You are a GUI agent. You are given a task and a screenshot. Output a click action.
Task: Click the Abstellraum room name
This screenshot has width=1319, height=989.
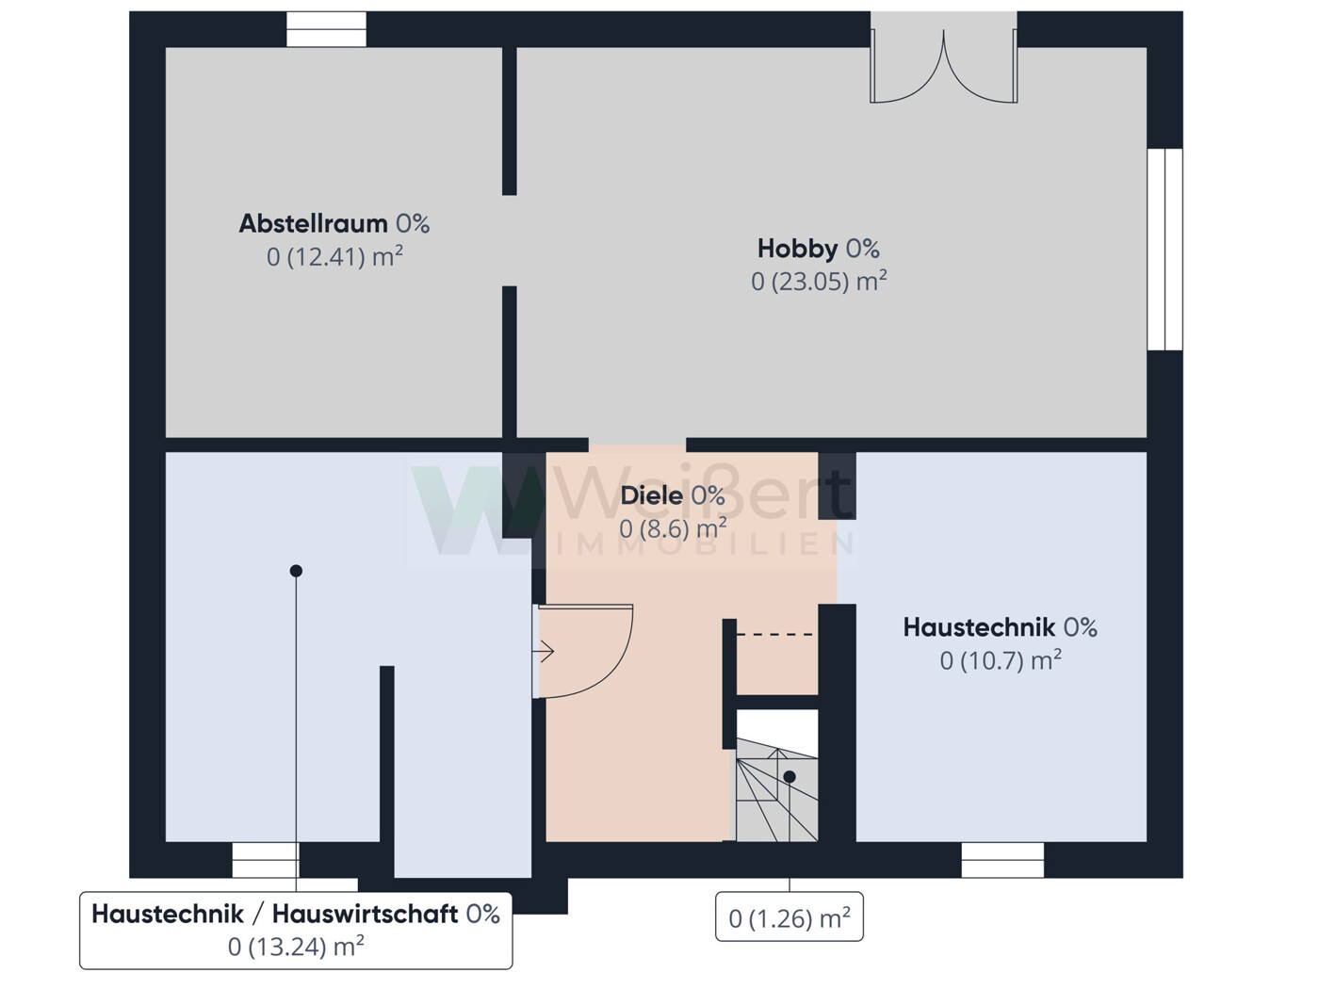coord(313,224)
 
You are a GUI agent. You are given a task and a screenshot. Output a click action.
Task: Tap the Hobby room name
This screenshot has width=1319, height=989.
coord(797,249)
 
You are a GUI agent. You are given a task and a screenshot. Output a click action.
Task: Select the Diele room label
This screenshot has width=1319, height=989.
coord(651,496)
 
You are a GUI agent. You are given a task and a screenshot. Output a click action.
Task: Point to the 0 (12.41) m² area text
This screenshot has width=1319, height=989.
coord(334,257)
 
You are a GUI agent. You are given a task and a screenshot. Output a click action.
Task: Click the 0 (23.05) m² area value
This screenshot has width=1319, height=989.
coord(819,281)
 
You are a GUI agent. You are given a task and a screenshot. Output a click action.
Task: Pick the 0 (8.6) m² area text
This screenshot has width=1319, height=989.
coord(673,529)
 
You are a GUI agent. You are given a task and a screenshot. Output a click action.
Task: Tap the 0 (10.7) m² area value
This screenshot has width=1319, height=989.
coord(1001,660)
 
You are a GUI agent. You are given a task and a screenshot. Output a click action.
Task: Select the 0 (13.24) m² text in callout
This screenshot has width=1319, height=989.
coord(296,947)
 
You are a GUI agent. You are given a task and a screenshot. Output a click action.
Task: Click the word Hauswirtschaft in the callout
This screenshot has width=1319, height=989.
coord(366,915)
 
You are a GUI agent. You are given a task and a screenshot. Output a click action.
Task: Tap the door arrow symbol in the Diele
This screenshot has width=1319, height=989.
coord(544,652)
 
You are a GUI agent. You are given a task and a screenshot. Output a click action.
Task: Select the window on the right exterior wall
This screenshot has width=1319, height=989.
coord(1164,250)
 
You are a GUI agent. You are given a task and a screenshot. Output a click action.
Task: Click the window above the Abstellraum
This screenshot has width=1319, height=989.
coord(326,29)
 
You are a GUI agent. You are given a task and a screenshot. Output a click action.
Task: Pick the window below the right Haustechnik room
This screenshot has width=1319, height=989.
coord(1002,859)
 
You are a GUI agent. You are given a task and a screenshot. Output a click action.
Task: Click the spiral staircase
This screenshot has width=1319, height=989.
coord(777,789)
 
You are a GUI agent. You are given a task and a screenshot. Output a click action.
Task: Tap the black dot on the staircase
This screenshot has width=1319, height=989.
coord(790,777)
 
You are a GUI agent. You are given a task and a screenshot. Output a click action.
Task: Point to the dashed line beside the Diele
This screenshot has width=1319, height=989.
coord(774,634)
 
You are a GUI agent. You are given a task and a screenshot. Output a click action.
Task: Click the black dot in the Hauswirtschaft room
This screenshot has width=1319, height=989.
coord(296,571)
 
